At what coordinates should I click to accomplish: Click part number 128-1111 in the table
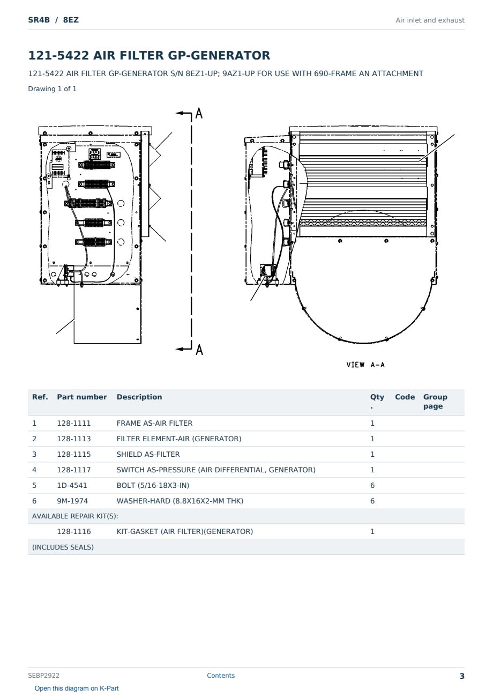point(74,423)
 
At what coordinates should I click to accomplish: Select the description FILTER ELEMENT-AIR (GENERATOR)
point(179,439)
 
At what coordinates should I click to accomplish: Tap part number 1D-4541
point(72,485)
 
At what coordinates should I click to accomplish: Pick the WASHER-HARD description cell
point(180,501)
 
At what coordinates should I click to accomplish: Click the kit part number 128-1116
point(74,531)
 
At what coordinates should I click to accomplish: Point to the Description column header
point(139,397)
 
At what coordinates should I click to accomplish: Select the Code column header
point(405,397)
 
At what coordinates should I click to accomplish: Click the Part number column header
point(82,397)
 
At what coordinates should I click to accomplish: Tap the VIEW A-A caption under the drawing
point(365,365)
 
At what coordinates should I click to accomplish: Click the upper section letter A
point(199,113)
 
